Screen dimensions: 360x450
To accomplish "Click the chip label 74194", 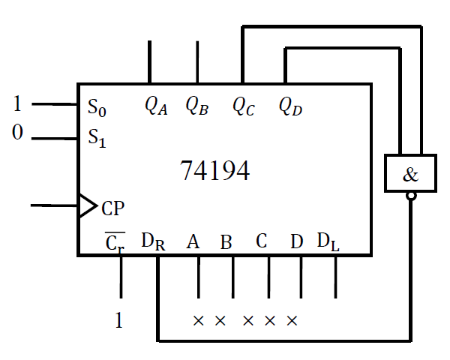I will [215, 171].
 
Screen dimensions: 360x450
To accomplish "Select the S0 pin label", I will [97, 109].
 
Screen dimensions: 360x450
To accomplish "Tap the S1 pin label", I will [97, 138].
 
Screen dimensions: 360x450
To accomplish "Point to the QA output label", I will [156, 106].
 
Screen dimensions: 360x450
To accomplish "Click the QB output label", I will [196, 106].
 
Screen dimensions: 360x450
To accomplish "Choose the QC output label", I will [243, 106].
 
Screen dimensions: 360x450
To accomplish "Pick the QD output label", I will [289, 106].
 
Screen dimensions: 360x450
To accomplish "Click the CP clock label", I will [112, 208].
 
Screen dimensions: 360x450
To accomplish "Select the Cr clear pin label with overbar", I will [114, 242].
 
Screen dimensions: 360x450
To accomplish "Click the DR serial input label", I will [152, 241].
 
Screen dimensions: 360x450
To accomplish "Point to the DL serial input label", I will [328, 241].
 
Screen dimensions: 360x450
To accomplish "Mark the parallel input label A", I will [193, 241].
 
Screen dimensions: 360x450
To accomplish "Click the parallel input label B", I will [226, 242].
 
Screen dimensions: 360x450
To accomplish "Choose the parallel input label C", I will [261, 241].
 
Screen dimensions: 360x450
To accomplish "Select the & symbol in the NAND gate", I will [410, 175].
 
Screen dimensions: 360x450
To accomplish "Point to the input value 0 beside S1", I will [17, 133].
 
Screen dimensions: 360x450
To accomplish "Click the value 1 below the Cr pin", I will [118, 321].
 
